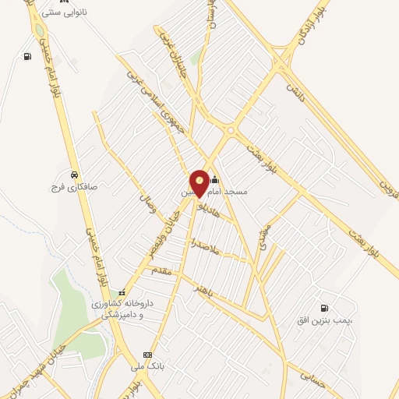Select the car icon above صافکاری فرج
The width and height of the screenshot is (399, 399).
point(72,174)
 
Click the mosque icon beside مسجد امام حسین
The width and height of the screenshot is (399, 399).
point(215,180)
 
